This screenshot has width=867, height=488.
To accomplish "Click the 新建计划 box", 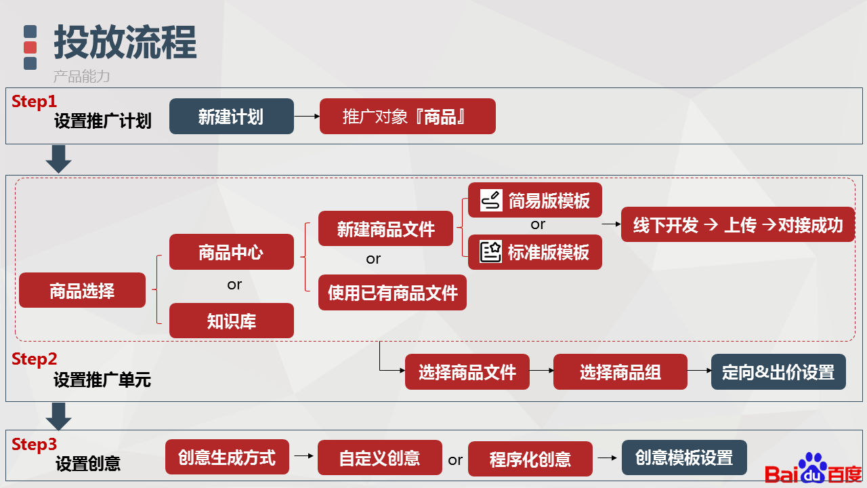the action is (x=232, y=116).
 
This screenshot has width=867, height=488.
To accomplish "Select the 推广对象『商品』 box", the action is (x=408, y=116).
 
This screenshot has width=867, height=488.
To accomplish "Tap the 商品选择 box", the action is (x=83, y=290).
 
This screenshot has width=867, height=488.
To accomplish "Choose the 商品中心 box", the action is (x=232, y=251).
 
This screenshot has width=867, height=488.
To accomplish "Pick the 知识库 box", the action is (x=232, y=321).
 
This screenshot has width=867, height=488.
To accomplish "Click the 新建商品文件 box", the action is (x=385, y=228).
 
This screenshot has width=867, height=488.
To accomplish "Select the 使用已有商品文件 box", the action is (x=392, y=292).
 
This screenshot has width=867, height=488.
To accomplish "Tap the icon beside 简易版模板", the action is (x=491, y=200).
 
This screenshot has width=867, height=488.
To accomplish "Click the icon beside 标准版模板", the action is (x=491, y=251).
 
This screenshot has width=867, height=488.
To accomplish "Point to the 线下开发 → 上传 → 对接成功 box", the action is (x=738, y=224).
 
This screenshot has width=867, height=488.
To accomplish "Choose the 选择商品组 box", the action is (x=620, y=371).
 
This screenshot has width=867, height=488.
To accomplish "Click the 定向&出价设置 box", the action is (x=778, y=371).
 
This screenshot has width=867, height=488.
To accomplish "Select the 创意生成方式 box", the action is (x=227, y=457).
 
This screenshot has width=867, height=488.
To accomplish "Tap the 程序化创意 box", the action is (x=530, y=459).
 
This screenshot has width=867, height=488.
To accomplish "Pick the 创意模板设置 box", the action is (x=684, y=457).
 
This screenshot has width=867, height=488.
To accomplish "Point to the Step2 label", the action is (x=34, y=359).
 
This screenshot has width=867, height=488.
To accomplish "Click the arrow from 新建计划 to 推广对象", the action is (x=307, y=116).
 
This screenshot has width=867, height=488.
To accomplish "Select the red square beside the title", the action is (x=30, y=47).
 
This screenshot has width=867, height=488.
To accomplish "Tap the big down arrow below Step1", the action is (x=58, y=159).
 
